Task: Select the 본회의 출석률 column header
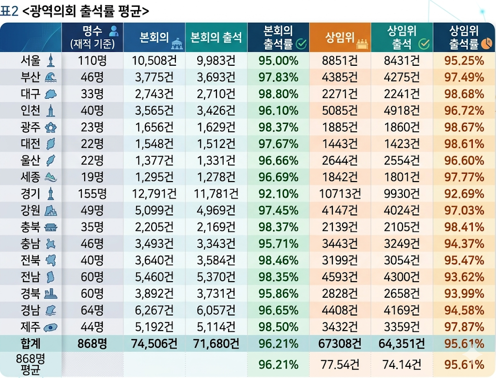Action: (278, 37)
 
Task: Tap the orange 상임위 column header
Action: (340, 38)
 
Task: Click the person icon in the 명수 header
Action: (114, 31)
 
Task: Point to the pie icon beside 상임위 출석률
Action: (487, 45)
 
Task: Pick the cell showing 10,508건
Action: (154, 60)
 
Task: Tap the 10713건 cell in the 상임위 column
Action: (340, 194)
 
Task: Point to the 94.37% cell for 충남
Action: (464, 243)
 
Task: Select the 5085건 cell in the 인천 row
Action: (340, 110)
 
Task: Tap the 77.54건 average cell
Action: (340, 364)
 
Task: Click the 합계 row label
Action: (30, 344)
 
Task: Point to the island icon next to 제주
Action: (50, 327)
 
